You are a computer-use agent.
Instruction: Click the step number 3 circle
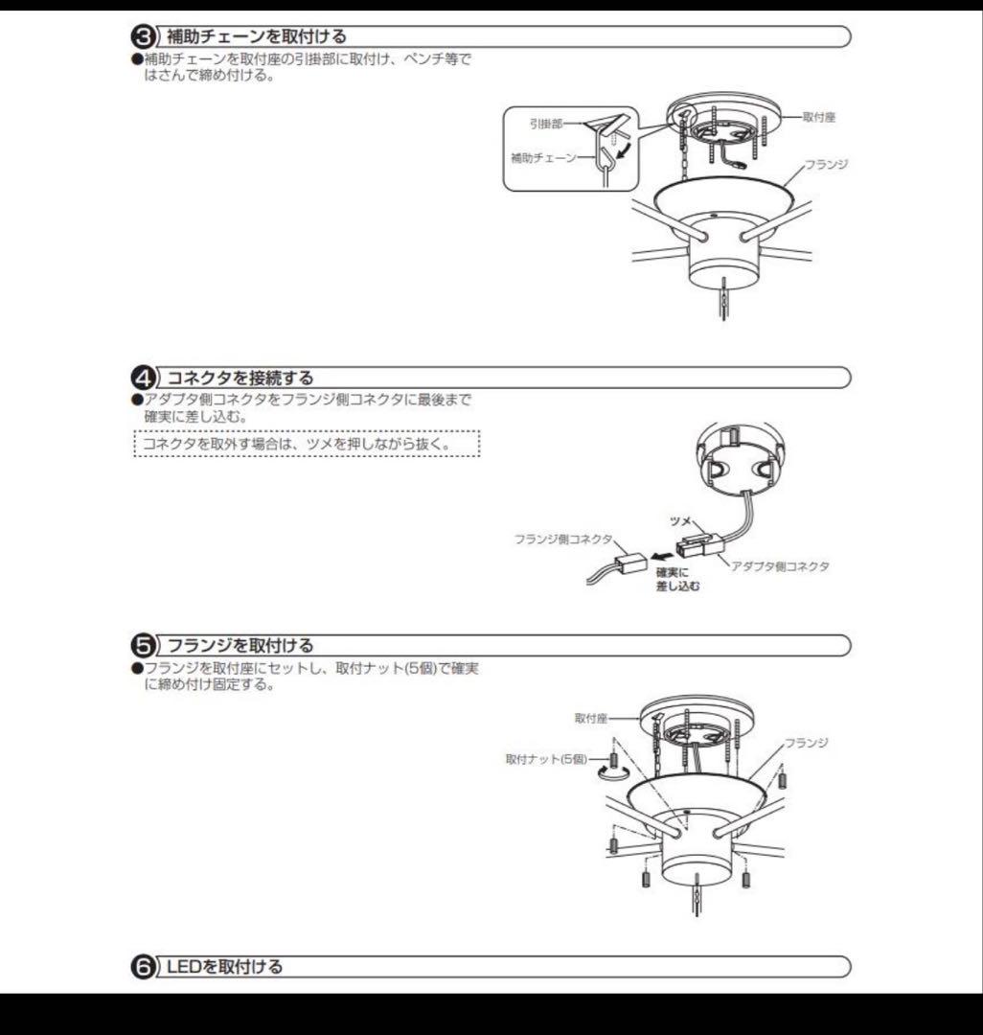click(x=142, y=37)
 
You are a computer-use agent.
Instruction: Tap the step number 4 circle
click(x=142, y=378)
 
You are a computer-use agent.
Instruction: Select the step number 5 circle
click(x=142, y=645)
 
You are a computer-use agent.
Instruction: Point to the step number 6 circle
click(x=142, y=967)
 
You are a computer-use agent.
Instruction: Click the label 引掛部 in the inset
click(x=545, y=125)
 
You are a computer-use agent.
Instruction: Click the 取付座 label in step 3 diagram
click(x=820, y=117)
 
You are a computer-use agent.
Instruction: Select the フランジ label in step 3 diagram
click(x=827, y=164)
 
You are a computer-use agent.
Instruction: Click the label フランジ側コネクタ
click(x=563, y=540)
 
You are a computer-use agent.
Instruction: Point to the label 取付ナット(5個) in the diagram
click(x=546, y=759)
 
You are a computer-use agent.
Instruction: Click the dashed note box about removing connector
click(x=306, y=445)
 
